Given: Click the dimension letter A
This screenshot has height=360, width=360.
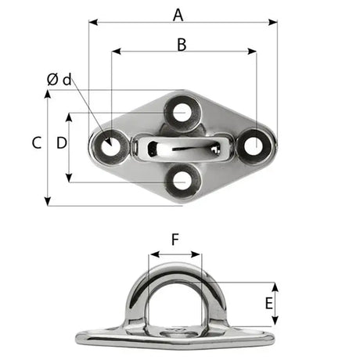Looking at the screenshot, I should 178,13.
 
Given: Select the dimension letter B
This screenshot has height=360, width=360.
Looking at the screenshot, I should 182,44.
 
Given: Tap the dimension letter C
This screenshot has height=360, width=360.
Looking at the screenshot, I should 36,143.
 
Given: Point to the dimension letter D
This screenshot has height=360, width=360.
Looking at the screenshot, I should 61,143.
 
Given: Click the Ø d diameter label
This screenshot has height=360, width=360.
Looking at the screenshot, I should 59,79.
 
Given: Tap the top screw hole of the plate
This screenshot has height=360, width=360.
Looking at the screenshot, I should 182,111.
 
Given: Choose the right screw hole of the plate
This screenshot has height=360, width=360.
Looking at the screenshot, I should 254,145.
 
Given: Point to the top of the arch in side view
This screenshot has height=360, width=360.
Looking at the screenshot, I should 175,267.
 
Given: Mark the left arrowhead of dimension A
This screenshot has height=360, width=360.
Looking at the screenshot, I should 92,23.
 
